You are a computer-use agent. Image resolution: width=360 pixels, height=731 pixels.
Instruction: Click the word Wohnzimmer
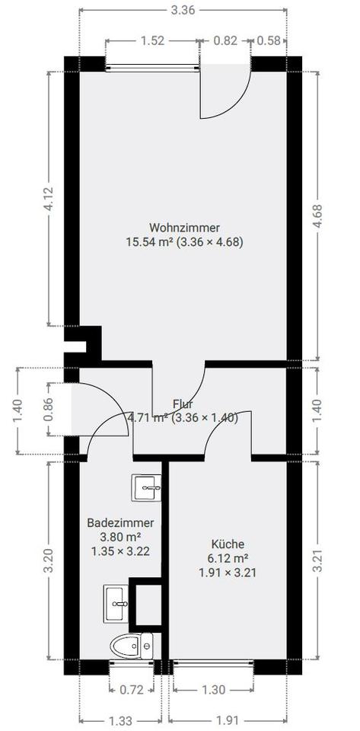coord(184,228)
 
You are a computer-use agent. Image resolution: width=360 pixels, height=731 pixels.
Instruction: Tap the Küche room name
coord(228,544)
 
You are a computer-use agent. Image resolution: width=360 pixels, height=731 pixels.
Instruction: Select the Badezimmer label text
coord(120,522)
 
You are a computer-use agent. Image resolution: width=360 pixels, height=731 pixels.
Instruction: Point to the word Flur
coord(183,404)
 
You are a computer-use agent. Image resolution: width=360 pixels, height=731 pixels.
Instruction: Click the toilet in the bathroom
coord(132,646)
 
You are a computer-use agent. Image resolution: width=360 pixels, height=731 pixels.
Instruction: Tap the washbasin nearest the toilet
coord(116,604)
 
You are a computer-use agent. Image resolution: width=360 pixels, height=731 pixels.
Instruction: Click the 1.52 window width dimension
coord(153,40)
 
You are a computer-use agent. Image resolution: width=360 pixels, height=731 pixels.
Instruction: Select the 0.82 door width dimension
coord(225,40)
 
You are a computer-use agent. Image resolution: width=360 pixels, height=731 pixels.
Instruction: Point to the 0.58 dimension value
coord(269,40)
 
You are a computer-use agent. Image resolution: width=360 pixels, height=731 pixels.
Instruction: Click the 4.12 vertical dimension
coord(49,199)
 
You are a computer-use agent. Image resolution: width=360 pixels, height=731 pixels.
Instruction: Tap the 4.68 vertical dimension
coord(317,215)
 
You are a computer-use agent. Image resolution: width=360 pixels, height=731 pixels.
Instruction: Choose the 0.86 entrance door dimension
coord(49,409)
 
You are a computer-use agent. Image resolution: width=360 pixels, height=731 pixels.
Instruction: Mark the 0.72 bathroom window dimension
coord(132,690)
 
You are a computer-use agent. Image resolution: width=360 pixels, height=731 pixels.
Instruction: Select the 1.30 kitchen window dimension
coord(214,690)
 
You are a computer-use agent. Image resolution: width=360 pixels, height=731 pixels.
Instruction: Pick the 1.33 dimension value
coord(120,721)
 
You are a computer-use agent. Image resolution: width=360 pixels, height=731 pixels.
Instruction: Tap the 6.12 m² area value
coord(228,558)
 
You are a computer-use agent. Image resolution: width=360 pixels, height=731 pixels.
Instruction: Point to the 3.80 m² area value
coord(120,537)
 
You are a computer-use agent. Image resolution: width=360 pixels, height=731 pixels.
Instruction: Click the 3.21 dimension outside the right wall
coord(317,561)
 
